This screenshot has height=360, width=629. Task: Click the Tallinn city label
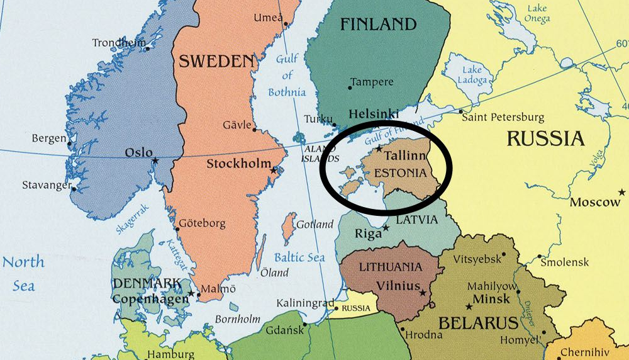[x=405, y=155]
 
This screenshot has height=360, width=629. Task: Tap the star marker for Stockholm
[x=273, y=171]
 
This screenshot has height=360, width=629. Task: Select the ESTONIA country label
[x=401, y=172]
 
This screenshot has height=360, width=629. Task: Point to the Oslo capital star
[x=155, y=160]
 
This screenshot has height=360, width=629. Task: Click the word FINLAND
[x=378, y=25]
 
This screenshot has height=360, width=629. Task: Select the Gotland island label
[x=315, y=224]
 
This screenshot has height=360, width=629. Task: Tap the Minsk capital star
[x=469, y=306]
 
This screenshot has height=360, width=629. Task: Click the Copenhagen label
[x=150, y=298]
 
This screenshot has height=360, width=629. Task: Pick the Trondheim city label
[x=118, y=43]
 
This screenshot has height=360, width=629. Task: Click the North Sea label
[x=23, y=273]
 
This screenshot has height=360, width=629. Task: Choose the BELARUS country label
[x=478, y=323]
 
